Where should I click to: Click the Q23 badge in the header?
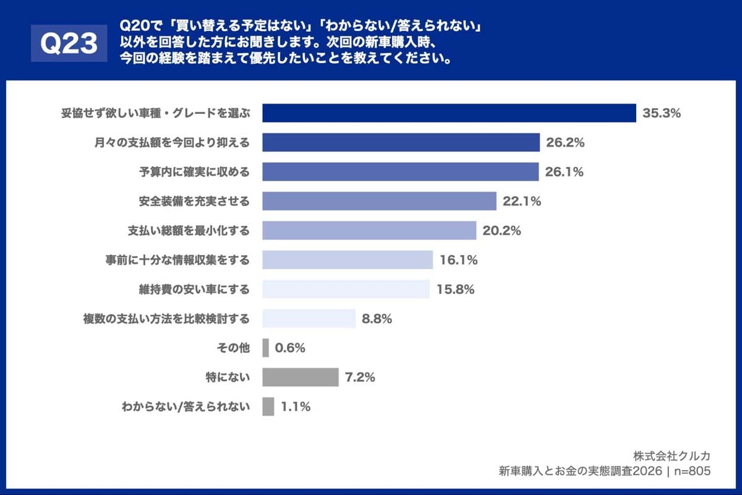point(69,43)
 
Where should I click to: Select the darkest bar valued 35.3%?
point(449,113)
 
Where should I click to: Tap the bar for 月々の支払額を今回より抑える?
point(401,142)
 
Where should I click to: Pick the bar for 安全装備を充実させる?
point(379,201)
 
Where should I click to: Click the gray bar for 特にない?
point(300,377)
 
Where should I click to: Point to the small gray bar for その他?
point(265,348)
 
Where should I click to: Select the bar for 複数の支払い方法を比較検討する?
point(309,319)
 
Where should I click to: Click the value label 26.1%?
point(564,172)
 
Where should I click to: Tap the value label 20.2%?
point(501,231)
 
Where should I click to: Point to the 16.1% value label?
point(458,260)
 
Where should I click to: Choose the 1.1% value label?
point(295,407)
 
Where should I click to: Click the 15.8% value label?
point(455,289)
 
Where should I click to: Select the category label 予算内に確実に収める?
point(194,172)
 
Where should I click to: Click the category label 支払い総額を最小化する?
point(189,231)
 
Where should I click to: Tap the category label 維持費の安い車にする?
point(194,289)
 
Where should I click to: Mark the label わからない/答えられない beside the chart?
point(185,407)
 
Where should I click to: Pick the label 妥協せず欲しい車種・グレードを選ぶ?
point(155,113)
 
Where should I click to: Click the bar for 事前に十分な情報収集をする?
point(347,260)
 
